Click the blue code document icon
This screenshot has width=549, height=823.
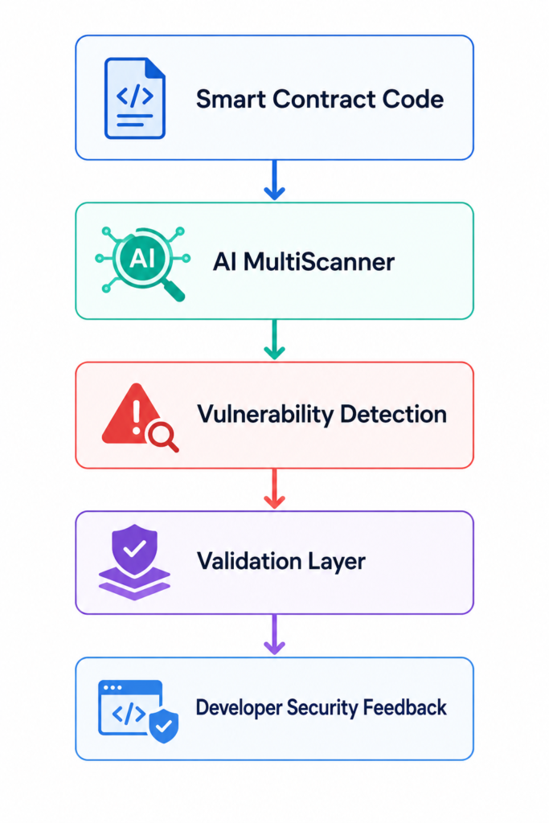[135, 98]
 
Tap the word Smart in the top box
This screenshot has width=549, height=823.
[231, 99]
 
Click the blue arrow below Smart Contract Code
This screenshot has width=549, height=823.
[275, 180]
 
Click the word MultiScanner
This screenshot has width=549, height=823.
[318, 261]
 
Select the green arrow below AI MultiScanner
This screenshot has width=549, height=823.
[275, 340]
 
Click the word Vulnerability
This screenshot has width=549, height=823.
[265, 415]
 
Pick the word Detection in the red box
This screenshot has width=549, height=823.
[394, 414]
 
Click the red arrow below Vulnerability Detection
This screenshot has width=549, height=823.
[275, 489]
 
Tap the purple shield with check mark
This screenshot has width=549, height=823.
[135, 549]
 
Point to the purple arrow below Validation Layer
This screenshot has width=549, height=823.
[275, 635]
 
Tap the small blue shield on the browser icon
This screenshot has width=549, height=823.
[164, 726]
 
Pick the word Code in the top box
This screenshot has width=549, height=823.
[413, 99]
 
